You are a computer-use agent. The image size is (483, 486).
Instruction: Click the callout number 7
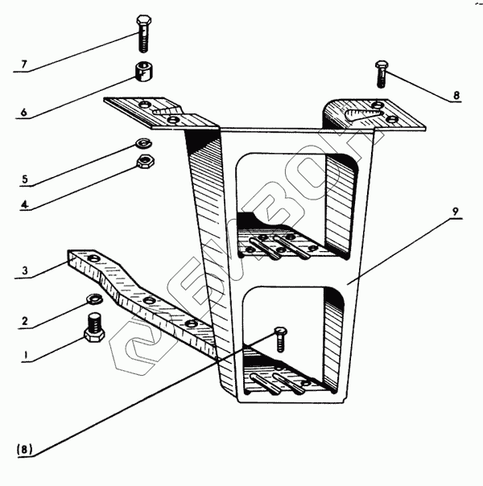tap(23, 64)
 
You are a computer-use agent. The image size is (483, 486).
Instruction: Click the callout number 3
tap(24, 273)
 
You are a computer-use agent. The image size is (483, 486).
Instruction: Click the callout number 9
tap(455, 212)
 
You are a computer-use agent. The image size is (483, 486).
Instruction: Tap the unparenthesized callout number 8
tap(456, 95)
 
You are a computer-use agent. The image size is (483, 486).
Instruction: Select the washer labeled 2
tap(93, 302)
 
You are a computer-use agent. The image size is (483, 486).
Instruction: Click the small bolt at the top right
tap(382, 72)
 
